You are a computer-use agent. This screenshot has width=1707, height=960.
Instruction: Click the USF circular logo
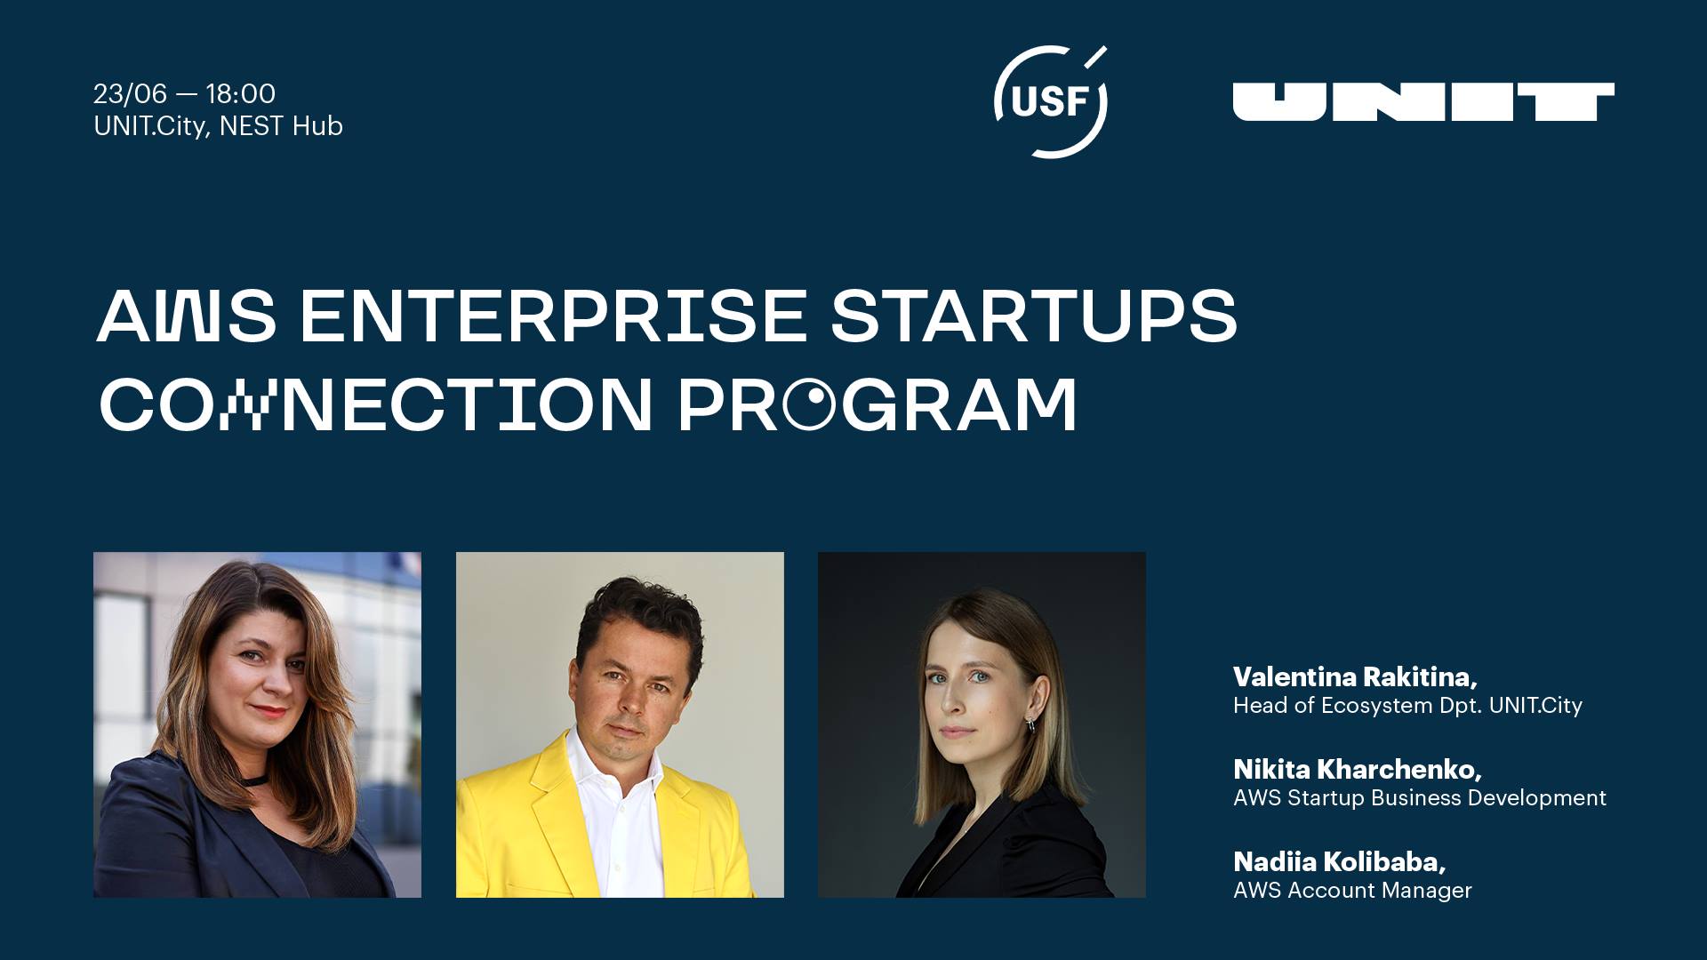(1050, 101)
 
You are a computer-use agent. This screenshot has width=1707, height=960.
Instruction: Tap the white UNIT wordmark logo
(1423, 101)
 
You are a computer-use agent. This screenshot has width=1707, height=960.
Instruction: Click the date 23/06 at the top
(131, 93)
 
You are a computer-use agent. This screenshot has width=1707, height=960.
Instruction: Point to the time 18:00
(241, 93)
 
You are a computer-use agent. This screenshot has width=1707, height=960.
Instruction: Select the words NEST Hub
(281, 126)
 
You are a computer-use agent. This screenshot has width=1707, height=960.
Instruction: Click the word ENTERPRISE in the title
(553, 316)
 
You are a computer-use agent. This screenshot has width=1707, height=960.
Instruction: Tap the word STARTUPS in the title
(1034, 316)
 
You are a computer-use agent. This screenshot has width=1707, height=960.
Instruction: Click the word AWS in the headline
(187, 316)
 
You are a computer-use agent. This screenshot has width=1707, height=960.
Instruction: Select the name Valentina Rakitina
(1355, 677)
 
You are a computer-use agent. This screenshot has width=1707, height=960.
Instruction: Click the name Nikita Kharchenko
(1358, 770)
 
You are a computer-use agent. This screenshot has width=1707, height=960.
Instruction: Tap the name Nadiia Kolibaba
(1340, 862)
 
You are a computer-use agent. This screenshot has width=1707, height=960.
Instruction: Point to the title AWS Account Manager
(1352, 890)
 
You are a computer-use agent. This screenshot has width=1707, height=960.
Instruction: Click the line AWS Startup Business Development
(1420, 797)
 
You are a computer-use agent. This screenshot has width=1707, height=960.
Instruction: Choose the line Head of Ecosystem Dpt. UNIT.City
(1407, 706)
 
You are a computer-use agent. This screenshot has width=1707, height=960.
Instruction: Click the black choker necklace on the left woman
(256, 780)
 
